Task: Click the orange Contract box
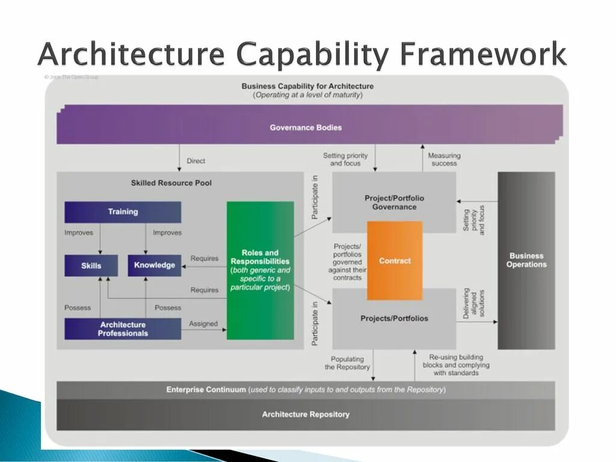point(395,260)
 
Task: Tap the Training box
point(123,212)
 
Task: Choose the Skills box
point(91,265)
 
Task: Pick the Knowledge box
point(155,265)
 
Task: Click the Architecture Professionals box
point(123,328)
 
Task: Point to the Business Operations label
point(526,260)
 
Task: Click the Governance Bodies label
point(306,128)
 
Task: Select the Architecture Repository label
point(306,414)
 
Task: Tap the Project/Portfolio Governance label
point(394,202)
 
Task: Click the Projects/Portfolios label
point(394,318)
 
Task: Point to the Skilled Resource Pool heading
point(171,183)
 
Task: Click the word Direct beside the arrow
point(196,161)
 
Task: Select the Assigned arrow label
point(203,324)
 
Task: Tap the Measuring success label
point(444,159)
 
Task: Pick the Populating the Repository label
point(348,363)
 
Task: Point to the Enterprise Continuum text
point(206,390)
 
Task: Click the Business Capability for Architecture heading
point(307,86)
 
